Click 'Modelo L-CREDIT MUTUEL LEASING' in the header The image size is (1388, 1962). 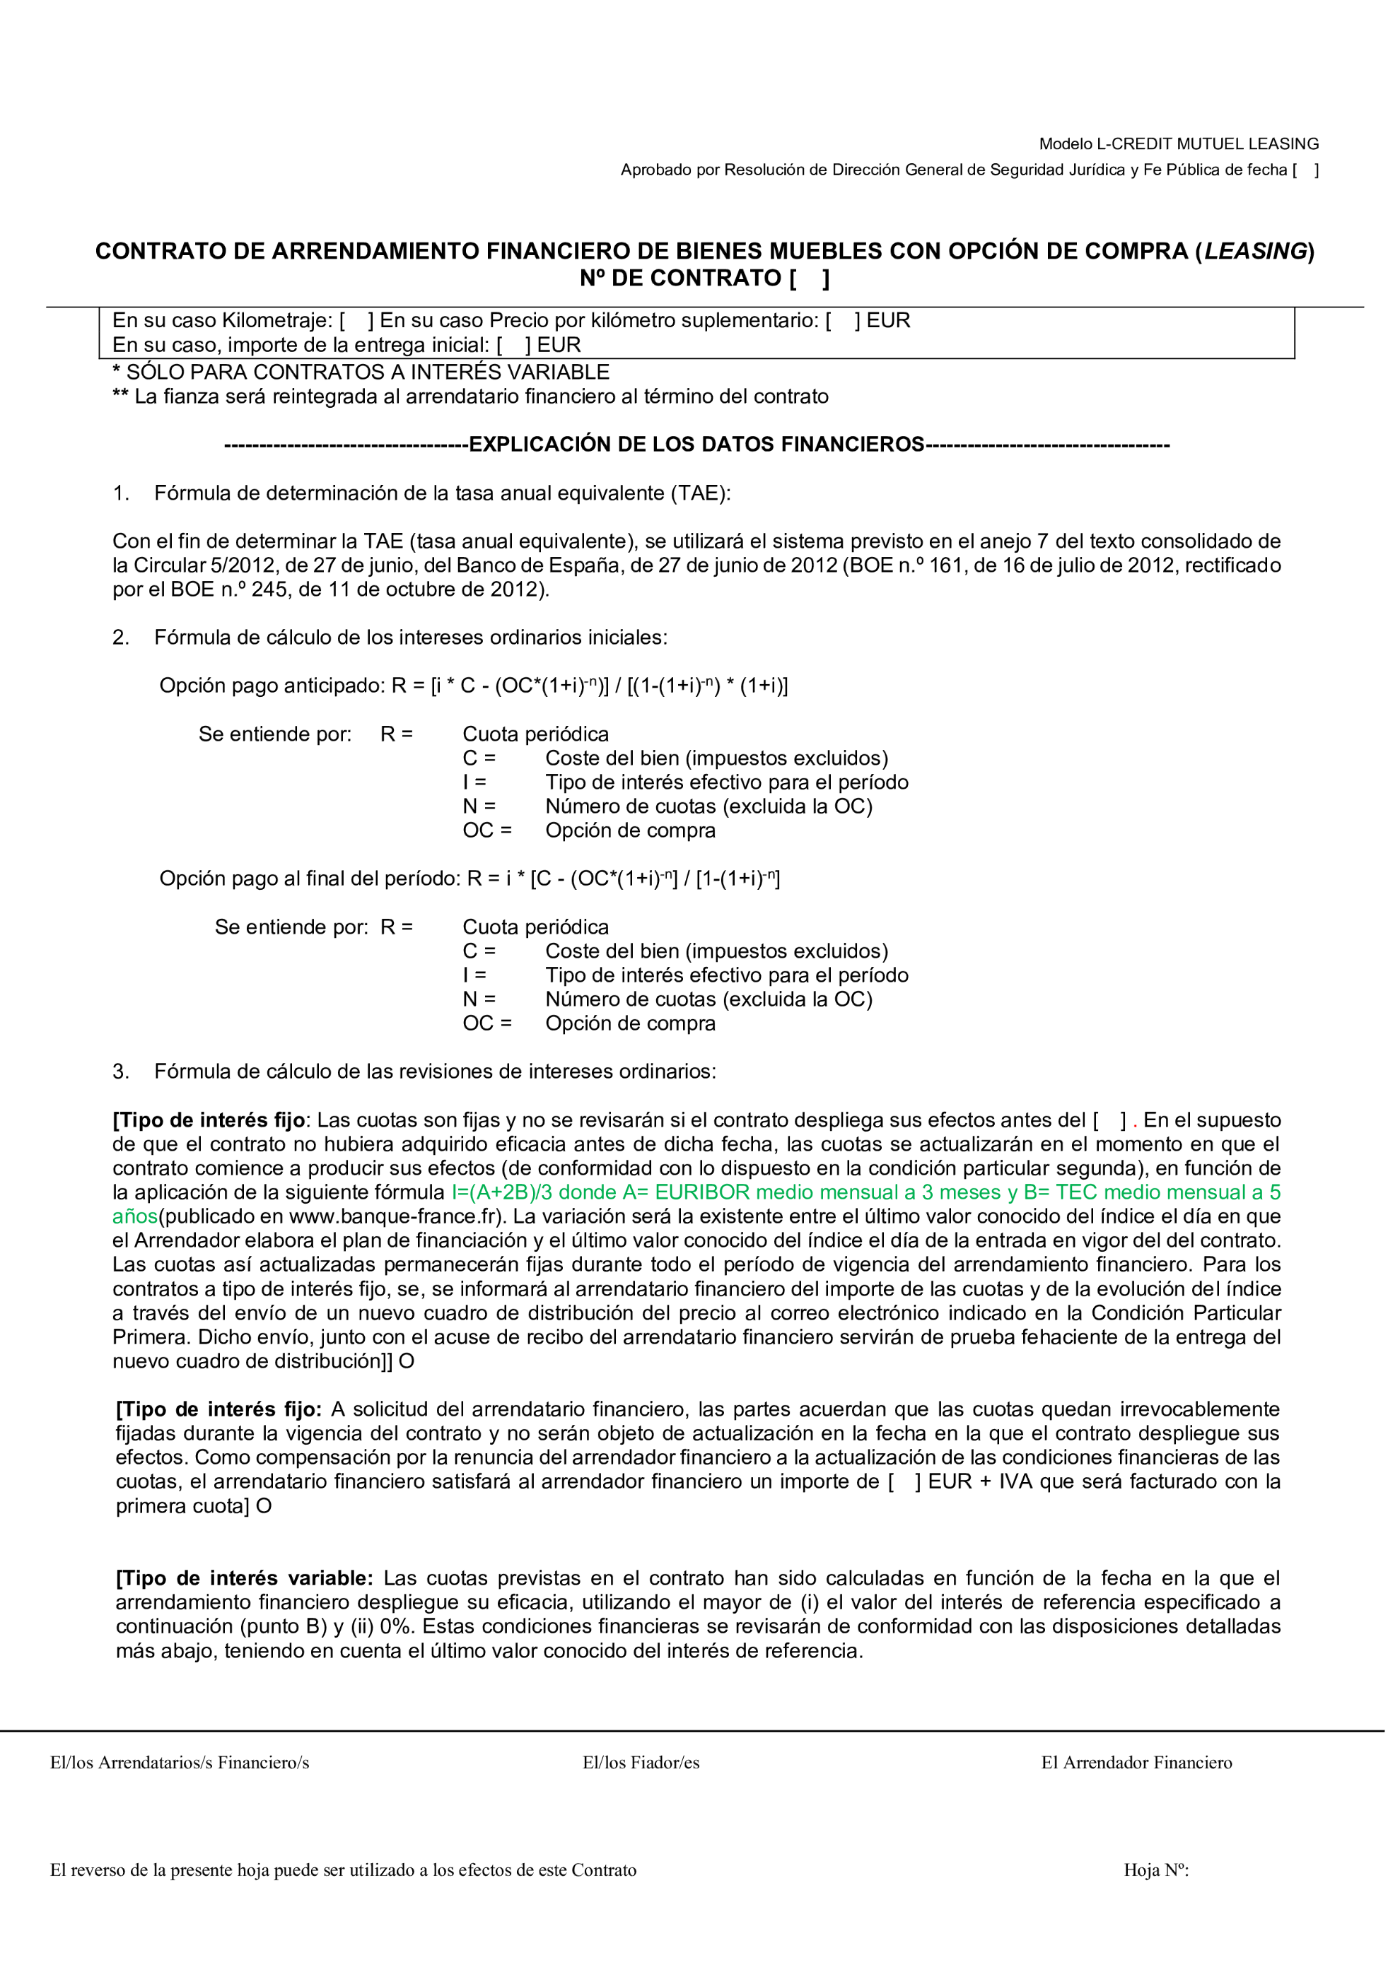[1178, 143]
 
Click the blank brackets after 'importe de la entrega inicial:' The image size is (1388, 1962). [513, 345]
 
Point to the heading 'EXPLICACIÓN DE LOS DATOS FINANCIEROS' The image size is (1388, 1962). [696, 445]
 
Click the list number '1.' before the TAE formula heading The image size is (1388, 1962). [122, 493]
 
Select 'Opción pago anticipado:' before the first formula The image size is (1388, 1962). [272, 686]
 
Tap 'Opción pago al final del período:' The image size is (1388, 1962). [310, 879]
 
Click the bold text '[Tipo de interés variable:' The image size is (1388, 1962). [245, 1578]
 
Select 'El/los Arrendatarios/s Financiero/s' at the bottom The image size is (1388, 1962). [180, 1762]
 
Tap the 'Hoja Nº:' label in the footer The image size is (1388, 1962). [1155, 1869]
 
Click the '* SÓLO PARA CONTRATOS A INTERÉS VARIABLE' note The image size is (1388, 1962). [361, 372]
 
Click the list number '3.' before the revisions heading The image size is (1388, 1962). [122, 1071]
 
